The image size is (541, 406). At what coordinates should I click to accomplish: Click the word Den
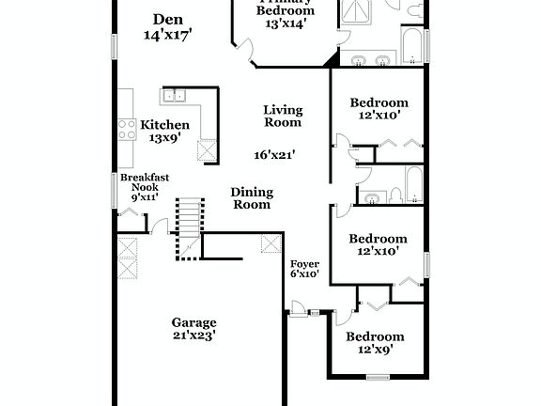(x=167, y=20)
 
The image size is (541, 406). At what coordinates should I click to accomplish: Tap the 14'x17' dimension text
(x=167, y=36)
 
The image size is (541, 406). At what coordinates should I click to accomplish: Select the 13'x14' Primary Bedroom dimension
(x=286, y=25)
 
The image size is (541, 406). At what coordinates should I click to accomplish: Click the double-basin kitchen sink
(x=174, y=95)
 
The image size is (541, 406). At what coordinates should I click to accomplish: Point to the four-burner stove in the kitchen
(x=125, y=129)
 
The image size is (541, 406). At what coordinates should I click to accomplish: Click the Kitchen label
(x=165, y=125)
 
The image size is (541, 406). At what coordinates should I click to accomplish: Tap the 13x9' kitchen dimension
(x=165, y=139)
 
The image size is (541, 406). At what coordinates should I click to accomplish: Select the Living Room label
(x=282, y=116)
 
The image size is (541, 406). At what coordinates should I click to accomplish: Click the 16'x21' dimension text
(x=274, y=155)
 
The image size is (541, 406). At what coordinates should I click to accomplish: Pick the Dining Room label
(x=252, y=198)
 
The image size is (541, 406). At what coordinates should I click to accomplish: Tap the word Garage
(x=193, y=321)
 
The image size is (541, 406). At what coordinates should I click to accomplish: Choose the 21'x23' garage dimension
(x=193, y=335)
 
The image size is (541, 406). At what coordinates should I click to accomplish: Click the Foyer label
(x=303, y=263)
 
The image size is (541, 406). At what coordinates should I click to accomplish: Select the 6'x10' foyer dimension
(x=303, y=274)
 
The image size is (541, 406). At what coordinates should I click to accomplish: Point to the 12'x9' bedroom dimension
(x=375, y=350)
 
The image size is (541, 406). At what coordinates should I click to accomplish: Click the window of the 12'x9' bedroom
(x=378, y=377)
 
